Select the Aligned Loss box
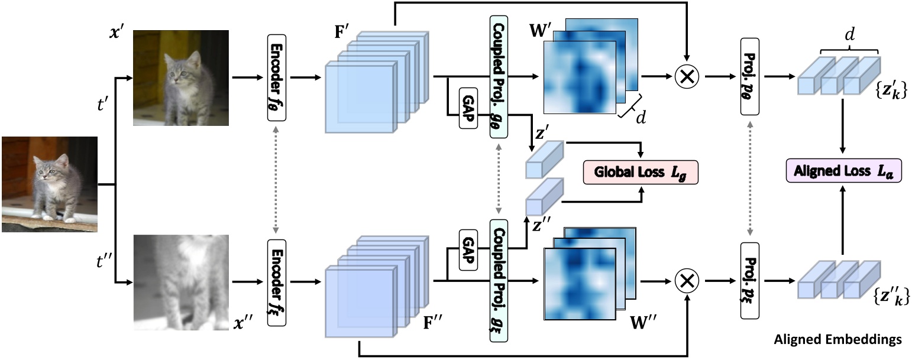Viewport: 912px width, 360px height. (x=843, y=171)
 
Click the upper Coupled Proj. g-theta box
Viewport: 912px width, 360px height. (x=499, y=77)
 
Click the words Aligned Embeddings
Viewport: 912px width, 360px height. (x=838, y=339)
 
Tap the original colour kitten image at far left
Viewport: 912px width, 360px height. (x=50, y=184)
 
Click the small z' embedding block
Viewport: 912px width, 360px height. (x=544, y=160)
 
